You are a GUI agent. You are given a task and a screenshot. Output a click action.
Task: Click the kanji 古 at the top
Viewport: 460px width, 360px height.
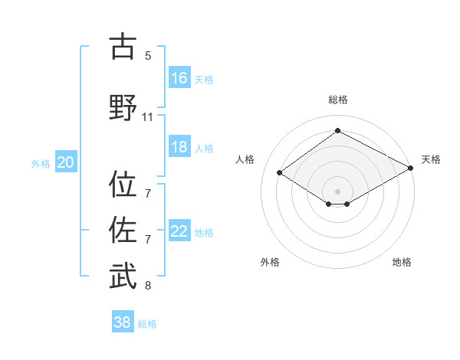(x=123, y=47)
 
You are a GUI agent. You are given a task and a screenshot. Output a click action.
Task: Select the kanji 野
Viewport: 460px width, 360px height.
(x=123, y=107)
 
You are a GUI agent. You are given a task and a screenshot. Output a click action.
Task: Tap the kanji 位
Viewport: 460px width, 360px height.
(x=123, y=185)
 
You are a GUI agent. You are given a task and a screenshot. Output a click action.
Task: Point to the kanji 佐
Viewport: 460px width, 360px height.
(x=123, y=228)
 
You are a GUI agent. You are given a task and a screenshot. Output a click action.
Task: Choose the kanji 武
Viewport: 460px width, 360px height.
(x=123, y=275)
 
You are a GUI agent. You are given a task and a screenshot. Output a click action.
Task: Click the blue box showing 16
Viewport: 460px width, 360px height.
(x=179, y=78)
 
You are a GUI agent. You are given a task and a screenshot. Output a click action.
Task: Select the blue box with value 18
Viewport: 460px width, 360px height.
(x=179, y=148)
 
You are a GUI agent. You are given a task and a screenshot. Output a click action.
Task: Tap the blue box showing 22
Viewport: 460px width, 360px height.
(x=179, y=232)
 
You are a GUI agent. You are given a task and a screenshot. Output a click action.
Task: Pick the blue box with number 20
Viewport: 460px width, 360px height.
(x=66, y=162)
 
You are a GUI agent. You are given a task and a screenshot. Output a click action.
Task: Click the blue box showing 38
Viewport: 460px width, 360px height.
(x=123, y=322)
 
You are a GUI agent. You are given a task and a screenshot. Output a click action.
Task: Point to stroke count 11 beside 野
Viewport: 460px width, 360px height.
(x=148, y=117)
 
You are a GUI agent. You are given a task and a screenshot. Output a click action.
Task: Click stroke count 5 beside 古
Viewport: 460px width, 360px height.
(x=148, y=56)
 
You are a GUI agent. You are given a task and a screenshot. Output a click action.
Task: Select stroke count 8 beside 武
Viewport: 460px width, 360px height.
(x=148, y=286)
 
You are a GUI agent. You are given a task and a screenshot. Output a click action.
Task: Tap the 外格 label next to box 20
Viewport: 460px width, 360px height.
(x=41, y=163)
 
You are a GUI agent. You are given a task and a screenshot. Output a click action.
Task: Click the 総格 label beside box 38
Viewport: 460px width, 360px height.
(x=147, y=323)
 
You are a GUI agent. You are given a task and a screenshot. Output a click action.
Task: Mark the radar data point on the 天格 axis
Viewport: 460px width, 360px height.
(x=412, y=169)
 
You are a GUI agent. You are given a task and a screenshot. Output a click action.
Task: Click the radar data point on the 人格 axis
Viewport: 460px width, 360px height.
(x=280, y=173)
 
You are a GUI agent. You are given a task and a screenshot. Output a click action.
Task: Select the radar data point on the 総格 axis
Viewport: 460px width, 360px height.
(x=337, y=131)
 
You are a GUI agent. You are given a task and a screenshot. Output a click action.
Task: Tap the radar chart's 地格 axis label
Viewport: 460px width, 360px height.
(x=402, y=262)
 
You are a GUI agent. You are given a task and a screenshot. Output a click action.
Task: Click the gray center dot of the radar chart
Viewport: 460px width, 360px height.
(x=337, y=190)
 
